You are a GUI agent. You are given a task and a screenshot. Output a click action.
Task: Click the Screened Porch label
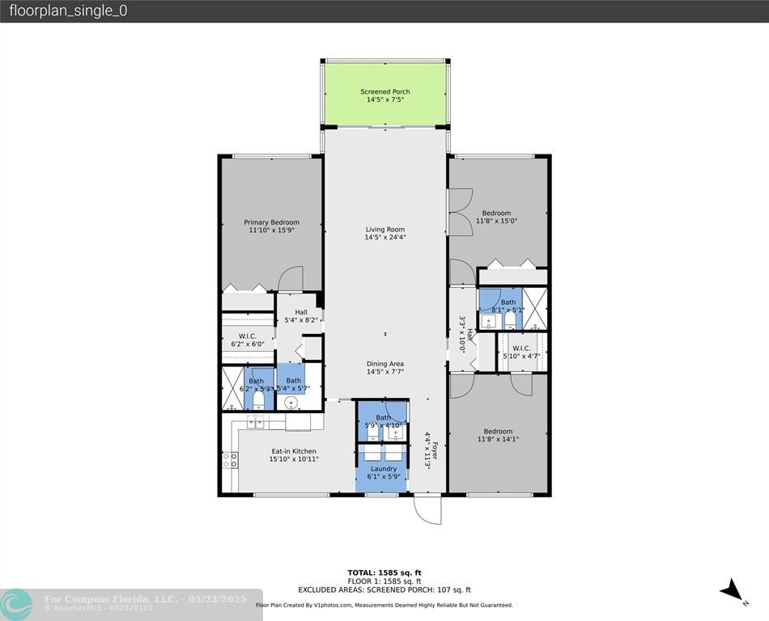[385, 92]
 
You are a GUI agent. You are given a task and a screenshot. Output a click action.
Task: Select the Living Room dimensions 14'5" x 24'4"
[385, 238]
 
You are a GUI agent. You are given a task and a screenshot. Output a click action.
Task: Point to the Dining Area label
[385, 364]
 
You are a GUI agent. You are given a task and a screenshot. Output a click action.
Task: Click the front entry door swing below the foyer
[427, 509]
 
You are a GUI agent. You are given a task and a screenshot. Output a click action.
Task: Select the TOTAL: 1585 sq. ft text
[384, 572]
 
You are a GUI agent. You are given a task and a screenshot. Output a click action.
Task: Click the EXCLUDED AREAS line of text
[384, 590]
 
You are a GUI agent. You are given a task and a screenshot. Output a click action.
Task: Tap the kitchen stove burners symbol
[230, 460]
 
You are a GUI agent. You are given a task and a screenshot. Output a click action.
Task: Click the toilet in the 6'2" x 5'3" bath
[258, 399]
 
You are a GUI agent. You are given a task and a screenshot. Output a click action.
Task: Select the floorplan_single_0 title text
[68, 11]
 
